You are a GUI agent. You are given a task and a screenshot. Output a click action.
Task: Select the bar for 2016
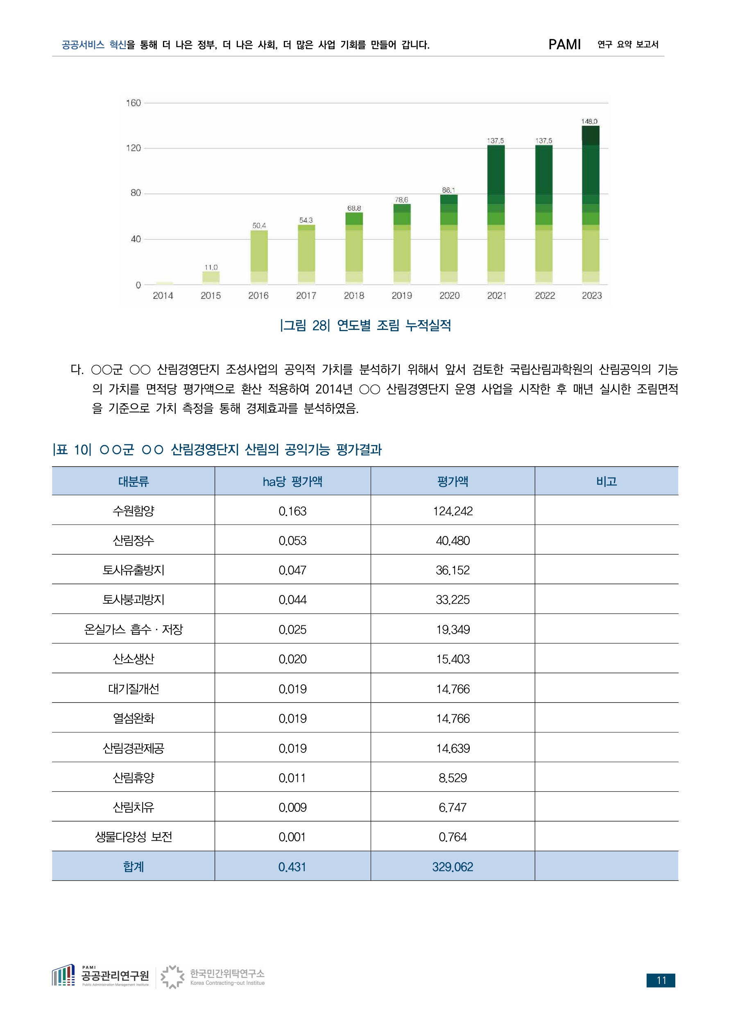tap(259, 258)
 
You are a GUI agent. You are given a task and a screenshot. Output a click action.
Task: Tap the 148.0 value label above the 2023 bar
tap(589, 122)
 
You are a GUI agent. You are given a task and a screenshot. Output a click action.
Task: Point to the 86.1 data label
tap(448, 191)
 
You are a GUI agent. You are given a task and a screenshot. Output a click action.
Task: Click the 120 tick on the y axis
tap(133, 148)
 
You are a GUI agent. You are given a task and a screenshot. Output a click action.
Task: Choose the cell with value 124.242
tap(453, 511)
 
